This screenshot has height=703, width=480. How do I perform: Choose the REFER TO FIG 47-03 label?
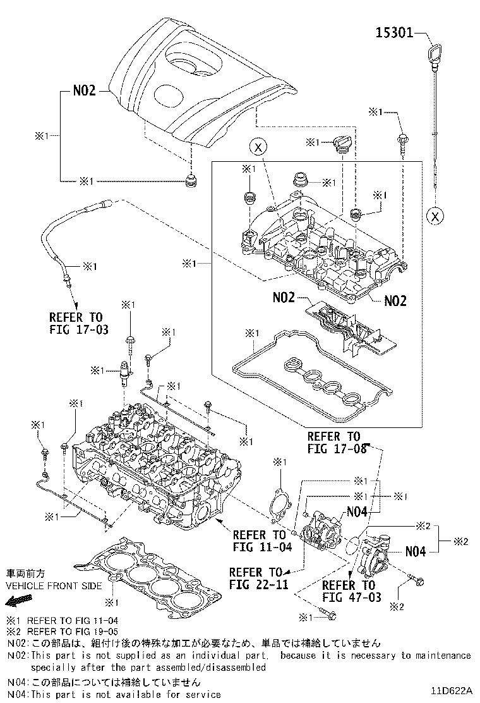(x=352, y=590)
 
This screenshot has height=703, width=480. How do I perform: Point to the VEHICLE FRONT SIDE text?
(x=54, y=585)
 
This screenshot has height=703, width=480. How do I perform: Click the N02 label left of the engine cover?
(x=83, y=90)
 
